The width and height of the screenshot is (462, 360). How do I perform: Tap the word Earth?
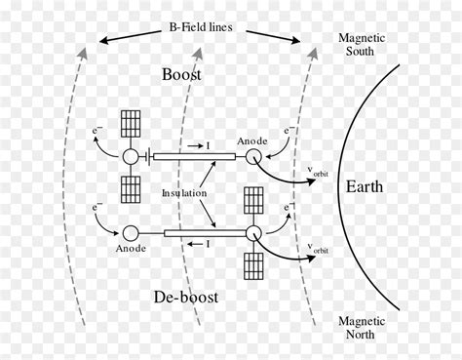370,186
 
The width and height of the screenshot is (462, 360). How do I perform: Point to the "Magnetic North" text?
362,327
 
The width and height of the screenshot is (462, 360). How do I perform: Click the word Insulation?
184,194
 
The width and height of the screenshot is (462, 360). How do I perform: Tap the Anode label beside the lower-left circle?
131,249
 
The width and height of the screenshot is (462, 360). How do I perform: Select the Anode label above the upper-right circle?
251,140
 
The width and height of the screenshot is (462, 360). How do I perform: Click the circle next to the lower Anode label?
129,233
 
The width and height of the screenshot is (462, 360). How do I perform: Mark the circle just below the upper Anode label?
252,156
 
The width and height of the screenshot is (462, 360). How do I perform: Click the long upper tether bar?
195,156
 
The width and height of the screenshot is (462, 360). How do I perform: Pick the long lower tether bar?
204,233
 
